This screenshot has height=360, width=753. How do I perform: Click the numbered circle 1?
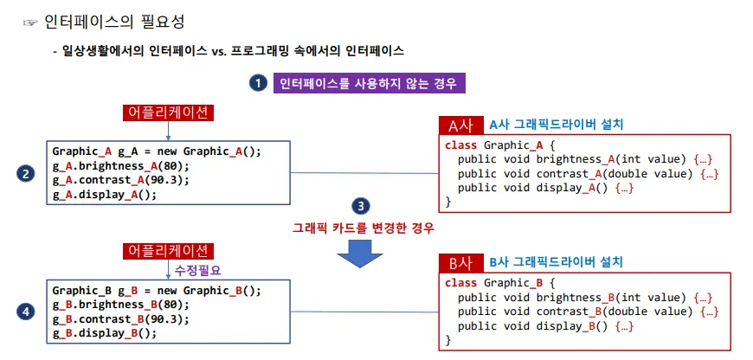pos(257,83)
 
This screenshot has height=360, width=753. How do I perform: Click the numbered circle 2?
pos(26,173)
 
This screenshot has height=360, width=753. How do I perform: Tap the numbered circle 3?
pos(362,206)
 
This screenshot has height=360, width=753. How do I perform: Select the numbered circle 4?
pos(26,312)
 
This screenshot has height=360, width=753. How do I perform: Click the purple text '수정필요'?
pos(198,270)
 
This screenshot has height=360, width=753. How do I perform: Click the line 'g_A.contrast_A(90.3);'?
pos(120,180)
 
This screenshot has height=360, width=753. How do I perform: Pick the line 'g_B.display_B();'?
pos(105,332)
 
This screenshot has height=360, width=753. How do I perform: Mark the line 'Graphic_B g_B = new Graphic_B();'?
pos(157,291)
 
